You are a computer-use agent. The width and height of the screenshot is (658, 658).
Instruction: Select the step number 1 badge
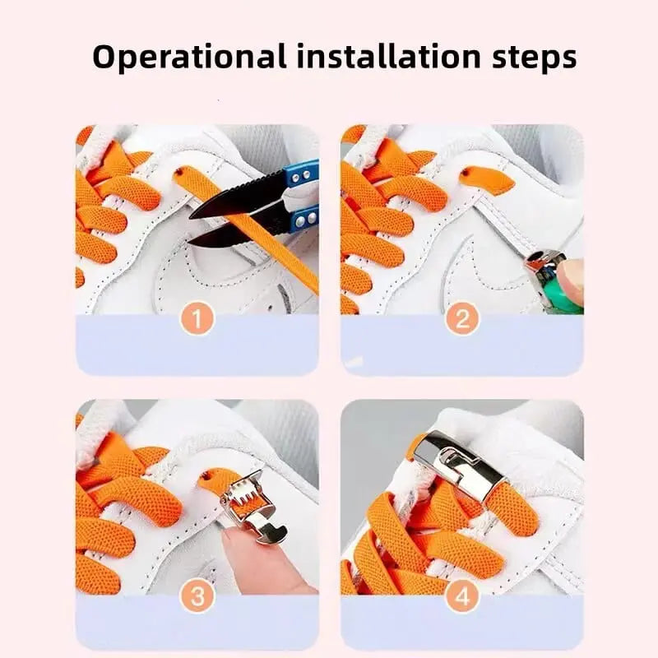[198, 317]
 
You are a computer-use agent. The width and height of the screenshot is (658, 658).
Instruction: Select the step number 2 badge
[462, 317]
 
